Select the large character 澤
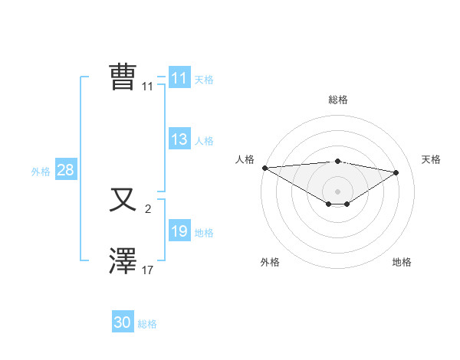(x=123, y=261)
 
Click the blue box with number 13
(x=179, y=139)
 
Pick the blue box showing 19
(x=179, y=231)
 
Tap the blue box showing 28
(x=65, y=170)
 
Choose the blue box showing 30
(x=123, y=322)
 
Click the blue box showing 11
(x=179, y=78)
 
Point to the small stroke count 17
(x=148, y=270)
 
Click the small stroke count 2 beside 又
(x=148, y=208)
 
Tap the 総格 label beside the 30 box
(x=147, y=324)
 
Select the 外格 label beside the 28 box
(x=41, y=172)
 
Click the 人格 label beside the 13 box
(x=204, y=141)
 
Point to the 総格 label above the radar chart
(x=337, y=100)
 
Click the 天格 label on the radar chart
(x=431, y=159)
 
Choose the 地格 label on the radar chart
(x=402, y=262)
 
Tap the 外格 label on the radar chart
(x=270, y=262)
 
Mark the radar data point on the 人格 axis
(x=264, y=168)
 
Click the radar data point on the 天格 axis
(x=396, y=172)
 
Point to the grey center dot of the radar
(x=337, y=191)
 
